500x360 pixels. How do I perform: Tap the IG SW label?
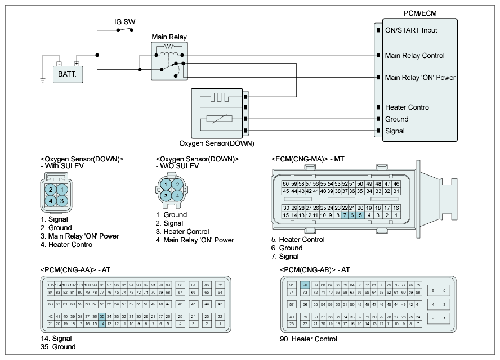point(125,22)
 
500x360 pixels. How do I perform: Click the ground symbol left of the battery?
point(42,79)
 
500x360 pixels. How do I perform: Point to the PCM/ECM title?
point(419,12)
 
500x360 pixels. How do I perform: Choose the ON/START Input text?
point(411,30)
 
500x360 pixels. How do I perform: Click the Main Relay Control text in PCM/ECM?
point(414,56)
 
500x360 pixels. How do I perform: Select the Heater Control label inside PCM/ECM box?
point(408,107)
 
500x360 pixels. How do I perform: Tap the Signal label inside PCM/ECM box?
point(395,131)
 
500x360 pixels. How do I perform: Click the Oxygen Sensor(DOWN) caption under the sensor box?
point(216,143)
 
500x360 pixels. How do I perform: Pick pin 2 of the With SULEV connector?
point(51,189)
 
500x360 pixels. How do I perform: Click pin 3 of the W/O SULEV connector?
point(166,195)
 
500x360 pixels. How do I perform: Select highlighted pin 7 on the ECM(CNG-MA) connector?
point(345,215)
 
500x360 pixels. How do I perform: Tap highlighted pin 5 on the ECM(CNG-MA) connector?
point(360,215)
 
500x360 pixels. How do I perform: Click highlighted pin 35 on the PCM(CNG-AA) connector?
point(102,317)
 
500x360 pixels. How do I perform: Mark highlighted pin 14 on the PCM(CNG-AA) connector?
point(102,324)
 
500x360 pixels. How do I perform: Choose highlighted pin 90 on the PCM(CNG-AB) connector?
point(305,285)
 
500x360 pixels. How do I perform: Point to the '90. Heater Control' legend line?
point(308,339)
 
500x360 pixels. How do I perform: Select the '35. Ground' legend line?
point(58,347)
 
